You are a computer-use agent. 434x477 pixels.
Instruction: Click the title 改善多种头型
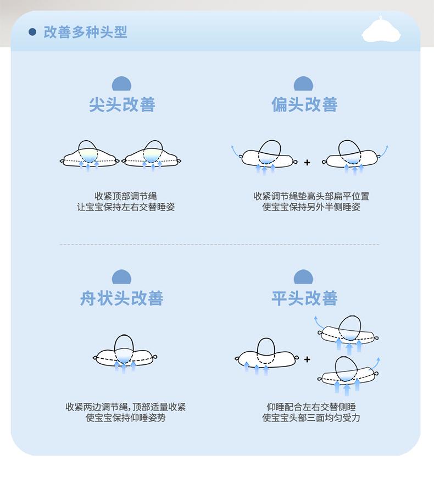pos(85,32)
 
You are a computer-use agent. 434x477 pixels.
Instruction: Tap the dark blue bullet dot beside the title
pos(32,32)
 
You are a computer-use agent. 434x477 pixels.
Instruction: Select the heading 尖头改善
pos(122,104)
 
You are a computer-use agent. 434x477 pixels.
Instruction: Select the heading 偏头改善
pos(304,104)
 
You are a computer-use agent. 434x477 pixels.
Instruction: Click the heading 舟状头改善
pos(122,298)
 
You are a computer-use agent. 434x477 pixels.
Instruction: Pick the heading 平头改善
pos(304,298)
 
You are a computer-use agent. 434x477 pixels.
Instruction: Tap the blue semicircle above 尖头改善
pos(122,84)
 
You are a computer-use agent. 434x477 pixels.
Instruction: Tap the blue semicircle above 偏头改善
pos(303,84)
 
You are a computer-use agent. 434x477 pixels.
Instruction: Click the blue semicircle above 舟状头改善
pos(122,278)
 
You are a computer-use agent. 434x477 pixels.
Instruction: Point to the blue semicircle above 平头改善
pos(303,278)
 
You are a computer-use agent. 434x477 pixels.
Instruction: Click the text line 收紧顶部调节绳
pos(126,196)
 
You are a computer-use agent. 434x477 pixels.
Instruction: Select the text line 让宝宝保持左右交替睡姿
pos(126,207)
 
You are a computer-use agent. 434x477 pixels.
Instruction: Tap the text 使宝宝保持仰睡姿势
pos(126,418)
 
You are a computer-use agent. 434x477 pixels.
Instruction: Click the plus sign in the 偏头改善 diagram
pos(307,163)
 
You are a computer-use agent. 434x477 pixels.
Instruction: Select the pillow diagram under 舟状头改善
pos(125,355)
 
